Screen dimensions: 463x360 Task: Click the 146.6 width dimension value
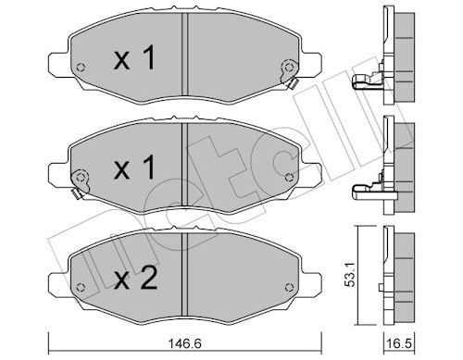pos(185,343)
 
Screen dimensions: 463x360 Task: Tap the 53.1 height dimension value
pos(350,276)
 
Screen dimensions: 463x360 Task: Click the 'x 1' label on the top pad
pos(134,57)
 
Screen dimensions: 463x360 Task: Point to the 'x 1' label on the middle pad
pos(134,168)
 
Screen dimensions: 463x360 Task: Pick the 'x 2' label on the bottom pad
pos(136,278)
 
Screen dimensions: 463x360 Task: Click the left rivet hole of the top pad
pos(81,68)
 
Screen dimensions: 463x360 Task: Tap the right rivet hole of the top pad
pos(289,67)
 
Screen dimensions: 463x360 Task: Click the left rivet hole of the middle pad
pos(81,178)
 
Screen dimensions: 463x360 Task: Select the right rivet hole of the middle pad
pos(289,177)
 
